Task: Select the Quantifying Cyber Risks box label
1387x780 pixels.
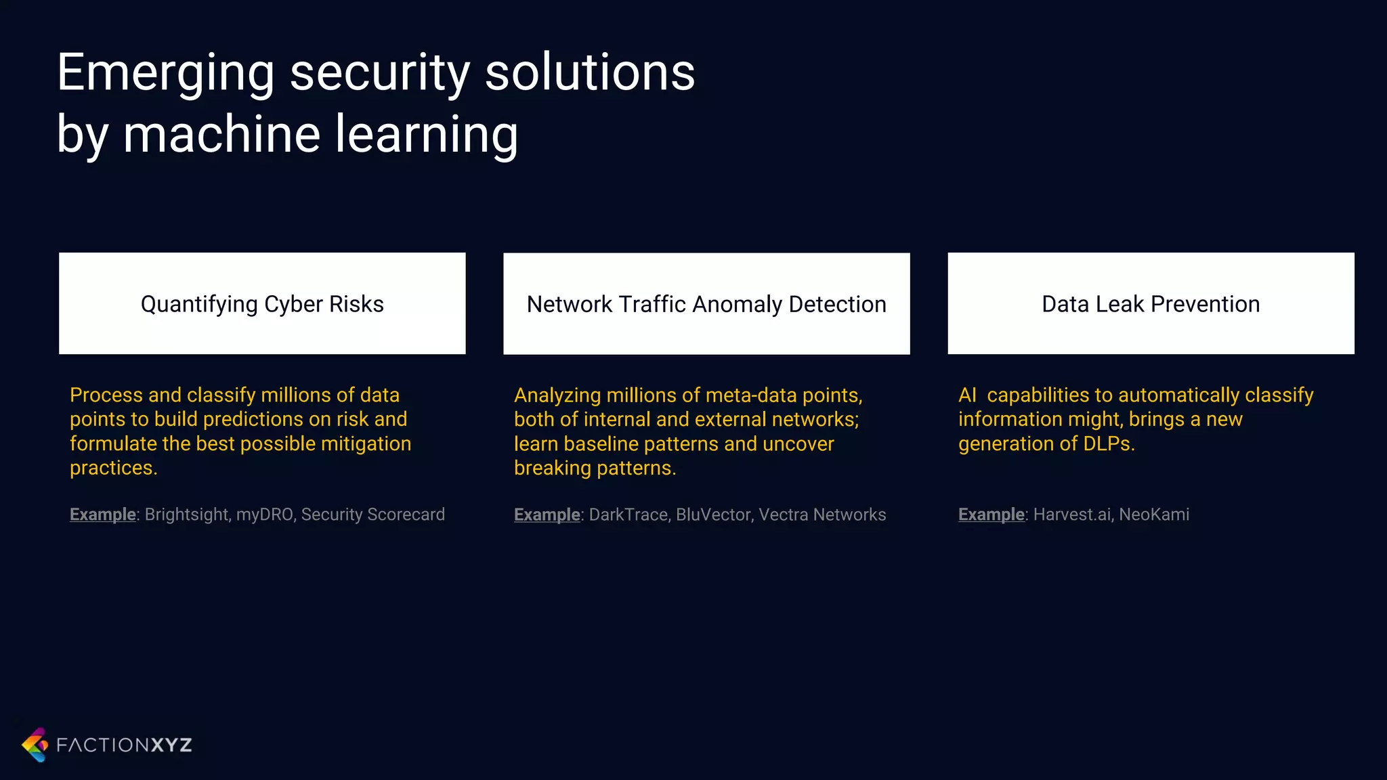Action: (x=262, y=304)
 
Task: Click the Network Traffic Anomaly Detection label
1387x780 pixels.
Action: (x=706, y=304)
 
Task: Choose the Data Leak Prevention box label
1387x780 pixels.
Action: (x=1151, y=304)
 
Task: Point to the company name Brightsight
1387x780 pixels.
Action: (x=187, y=515)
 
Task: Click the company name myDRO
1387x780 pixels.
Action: (x=264, y=515)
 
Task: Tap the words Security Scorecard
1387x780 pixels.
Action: (x=373, y=515)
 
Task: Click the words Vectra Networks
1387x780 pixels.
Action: (x=822, y=515)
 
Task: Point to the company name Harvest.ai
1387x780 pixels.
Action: (x=1071, y=515)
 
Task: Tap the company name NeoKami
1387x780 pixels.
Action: (x=1154, y=515)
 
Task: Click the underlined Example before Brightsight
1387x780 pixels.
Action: (x=103, y=515)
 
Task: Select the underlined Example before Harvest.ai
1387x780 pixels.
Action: (x=991, y=515)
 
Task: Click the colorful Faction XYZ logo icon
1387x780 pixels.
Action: (x=35, y=745)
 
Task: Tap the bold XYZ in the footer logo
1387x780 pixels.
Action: (x=171, y=745)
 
